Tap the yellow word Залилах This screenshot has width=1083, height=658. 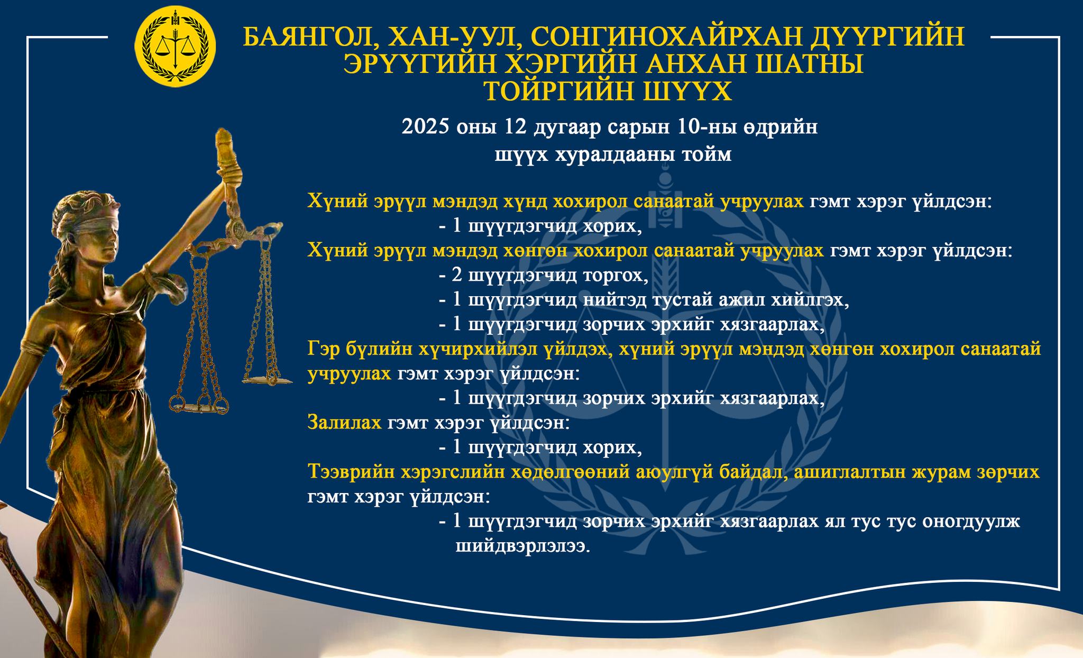344,423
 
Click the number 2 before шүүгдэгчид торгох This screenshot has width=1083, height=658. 457,276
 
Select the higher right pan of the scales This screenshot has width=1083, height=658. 267,379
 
